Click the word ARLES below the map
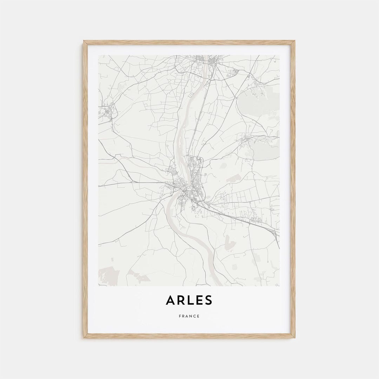pyautogui.click(x=189, y=300)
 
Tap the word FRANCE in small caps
pyautogui.click(x=189, y=316)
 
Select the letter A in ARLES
pyautogui.click(x=170, y=300)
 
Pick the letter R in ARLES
pyautogui.click(x=180, y=300)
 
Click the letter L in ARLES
pyautogui.click(x=189, y=300)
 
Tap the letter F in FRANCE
pyautogui.click(x=180, y=316)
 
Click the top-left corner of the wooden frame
pyautogui.click(x=84, y=41)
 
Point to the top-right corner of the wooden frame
pyautogui.click(x=294, y=41)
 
